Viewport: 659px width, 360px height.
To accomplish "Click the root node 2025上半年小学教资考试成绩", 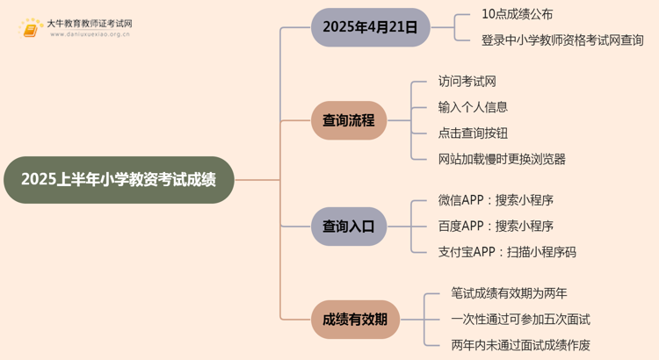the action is [x=119, y=180].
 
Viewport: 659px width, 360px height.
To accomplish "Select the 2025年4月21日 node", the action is [x=370, y=27].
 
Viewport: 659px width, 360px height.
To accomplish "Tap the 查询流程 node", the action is [x=349, y=120].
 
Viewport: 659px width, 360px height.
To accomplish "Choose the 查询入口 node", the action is [x=349, y=227].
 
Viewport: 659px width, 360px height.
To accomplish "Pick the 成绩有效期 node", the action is [x=355, y=320].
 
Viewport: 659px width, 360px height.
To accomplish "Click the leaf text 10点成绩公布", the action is [x=517, y=14].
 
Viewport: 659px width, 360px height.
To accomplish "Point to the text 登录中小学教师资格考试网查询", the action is [x=562, y=40].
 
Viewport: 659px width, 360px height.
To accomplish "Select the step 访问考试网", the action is [x=467, y=81].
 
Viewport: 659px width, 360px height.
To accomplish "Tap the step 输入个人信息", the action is [x=473, y=107].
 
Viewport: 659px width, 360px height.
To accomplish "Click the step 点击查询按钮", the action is [x=473, y=133].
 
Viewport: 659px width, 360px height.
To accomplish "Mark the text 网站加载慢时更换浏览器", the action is [x=502, y=159].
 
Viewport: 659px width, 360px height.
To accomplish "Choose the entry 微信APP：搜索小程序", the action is [x=496, y=200].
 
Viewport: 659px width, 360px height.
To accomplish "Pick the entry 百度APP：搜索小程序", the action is [x=496, y=226].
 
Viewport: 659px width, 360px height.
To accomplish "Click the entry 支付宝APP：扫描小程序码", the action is [x=507, y=252].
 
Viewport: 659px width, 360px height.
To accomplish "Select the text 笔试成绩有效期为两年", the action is [x=509, y=293].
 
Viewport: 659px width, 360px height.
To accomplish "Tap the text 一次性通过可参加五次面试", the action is [x=521, y=320].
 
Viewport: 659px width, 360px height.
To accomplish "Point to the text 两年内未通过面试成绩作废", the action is [x=521, y=345].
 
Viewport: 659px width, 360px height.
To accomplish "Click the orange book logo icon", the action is [x=31, y=28].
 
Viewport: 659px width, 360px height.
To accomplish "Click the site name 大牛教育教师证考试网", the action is [x=90, y=24].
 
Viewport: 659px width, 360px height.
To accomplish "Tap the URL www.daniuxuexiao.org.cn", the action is [x=90, y=34].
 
